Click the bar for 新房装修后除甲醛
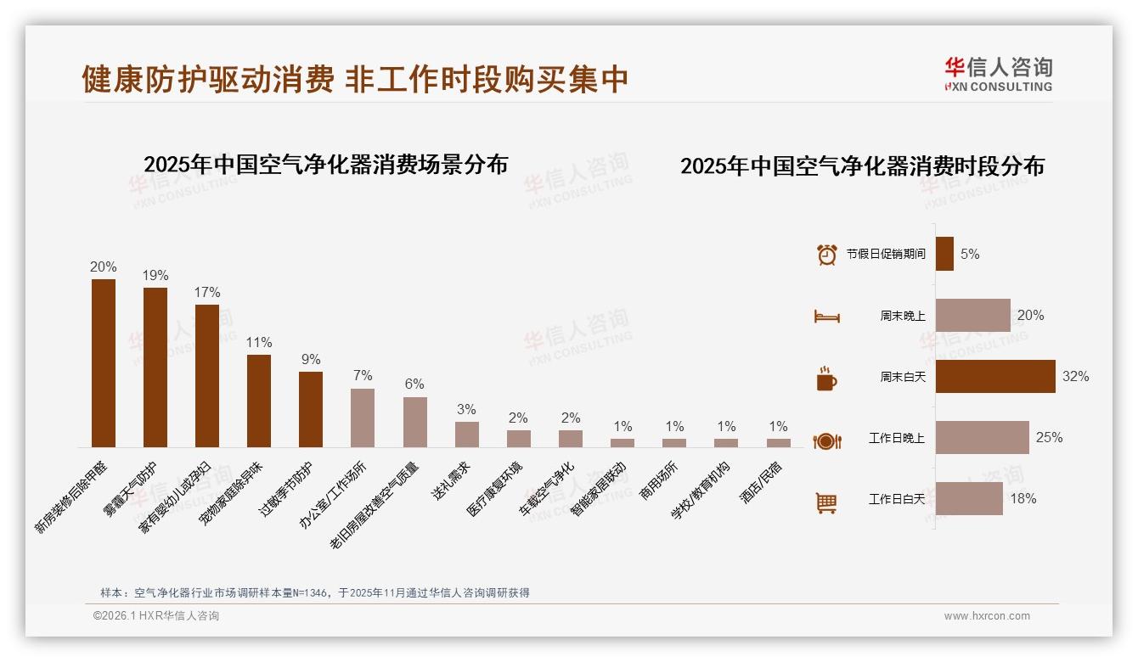point(103,363)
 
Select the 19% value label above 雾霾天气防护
point(155,275)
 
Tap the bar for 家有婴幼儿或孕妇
point(207,375)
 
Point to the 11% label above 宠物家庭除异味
point(259,342)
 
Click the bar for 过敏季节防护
point(311,409)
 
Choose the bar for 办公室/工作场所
point(363,418)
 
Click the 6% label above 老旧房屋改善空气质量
point(414,384)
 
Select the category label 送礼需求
point(452,480)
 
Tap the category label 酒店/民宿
point(762,482)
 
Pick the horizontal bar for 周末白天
point(995,376)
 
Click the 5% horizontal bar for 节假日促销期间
point(944,254)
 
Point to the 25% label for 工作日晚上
point(1049,437)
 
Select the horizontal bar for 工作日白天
point(969,498)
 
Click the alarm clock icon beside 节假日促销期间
point(826,254)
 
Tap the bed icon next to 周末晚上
point(826,316)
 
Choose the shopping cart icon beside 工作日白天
point(826,502)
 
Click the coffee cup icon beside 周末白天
point(826,379)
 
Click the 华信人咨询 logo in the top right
point(998,74)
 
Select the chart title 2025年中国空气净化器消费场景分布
point(325,164)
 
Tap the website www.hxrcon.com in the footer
point(987,616)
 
